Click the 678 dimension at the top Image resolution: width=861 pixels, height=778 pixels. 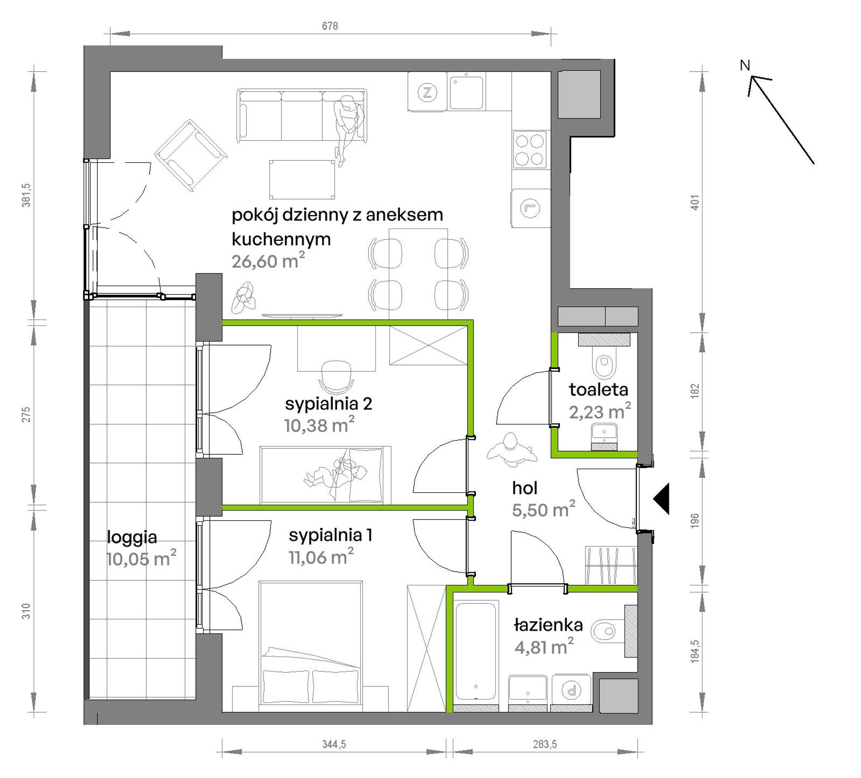coord(330,26)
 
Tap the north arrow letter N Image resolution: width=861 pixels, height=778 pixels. coord(745,65)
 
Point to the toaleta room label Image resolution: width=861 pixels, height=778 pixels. coord(599,389)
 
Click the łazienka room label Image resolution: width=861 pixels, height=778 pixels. coord(548,625)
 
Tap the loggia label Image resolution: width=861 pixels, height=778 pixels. coord(132,537)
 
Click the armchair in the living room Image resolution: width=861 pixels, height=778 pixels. coord(190,156)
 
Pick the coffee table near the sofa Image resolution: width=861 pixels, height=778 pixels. coord(302,180)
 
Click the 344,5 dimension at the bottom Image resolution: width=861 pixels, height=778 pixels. coord(334,744)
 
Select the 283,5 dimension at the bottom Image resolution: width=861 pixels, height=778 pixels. coord(545,744)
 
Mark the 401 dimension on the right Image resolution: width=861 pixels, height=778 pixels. coord(695,202)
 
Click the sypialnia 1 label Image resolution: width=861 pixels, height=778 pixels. coord(330,535)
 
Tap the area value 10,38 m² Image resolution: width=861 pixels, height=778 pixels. coord(319,425)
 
